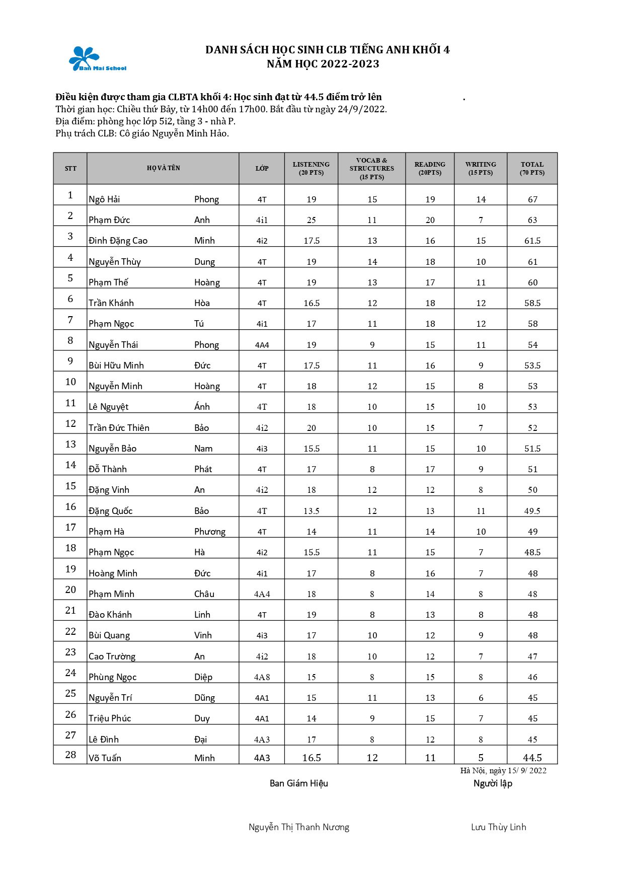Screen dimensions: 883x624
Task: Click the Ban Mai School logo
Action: point(97,59)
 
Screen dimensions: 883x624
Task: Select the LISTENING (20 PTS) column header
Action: point(311,168)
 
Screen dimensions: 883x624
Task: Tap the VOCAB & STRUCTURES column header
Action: point(372,168)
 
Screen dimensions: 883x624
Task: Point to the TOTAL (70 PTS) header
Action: point(532,168)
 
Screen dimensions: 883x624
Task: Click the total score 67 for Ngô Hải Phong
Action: point(532,199)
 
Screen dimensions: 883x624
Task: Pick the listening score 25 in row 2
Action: point(311,220)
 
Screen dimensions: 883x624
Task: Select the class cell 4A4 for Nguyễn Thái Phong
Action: point(262,345)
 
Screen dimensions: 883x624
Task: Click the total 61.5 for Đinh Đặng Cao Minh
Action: point(532,241)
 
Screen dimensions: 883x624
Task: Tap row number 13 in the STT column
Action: point(70,444)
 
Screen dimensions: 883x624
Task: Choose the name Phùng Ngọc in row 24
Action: point(113,677)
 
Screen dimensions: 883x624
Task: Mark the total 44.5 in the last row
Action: point(532,758)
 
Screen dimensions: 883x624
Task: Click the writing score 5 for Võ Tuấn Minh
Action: point(481,758)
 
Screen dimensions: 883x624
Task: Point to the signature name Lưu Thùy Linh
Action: point(498,827)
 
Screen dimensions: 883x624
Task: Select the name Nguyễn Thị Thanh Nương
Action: point(299,827)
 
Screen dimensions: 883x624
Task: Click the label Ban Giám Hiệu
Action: point(299,783)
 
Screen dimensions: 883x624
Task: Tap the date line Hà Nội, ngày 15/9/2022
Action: point(503,770)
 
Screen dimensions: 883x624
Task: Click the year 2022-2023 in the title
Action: point(350,64)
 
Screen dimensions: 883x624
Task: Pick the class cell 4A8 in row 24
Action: point(262,677)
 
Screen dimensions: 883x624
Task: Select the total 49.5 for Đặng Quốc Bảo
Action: point(532,511)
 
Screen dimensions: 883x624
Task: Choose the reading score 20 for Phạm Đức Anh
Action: point(430,220)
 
